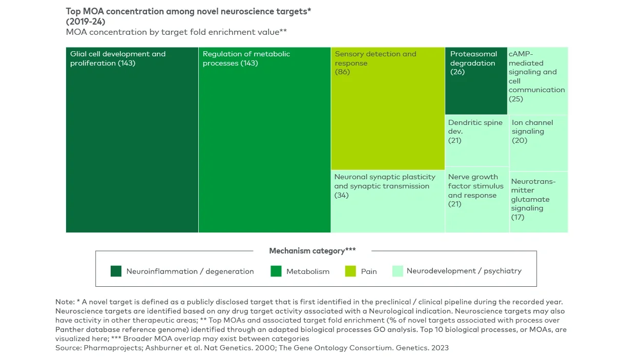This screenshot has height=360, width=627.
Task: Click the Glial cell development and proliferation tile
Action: pyautogui.click(x=132, y=140)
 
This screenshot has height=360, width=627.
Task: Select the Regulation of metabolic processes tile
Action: pyautogui.click(x=264, y=140)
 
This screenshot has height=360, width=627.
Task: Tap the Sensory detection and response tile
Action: pyautogui.click(x=388, y=109)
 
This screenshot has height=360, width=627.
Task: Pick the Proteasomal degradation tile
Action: pyautogui.click(x=476, y=81)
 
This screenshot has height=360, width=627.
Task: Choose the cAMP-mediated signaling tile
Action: pyautogui.click(x=538, y=81)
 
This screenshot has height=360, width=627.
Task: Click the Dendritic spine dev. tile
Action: pyautogui.click(x=476, y=141)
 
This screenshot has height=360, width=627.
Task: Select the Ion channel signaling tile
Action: pyautogui.click(x=538, y=143)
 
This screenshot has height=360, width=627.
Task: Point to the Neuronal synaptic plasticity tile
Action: pyautogui.click(x=388, y=201)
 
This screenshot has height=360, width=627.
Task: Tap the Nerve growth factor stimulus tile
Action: pyautogui.click(x=476, y=200)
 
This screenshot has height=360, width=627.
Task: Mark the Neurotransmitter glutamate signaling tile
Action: pyautogui.click(x=538, y=202)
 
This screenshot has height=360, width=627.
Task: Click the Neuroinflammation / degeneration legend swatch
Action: pyautogui.click(x=116, y=271)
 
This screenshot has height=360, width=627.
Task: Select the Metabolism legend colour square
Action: pyautogui.click(x=276, y=271)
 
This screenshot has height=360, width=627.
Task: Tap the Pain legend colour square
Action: pyautogui.click(x=350, y=271)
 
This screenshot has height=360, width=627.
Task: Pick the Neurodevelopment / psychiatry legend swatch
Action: pyautogui.click(x=398, y=271)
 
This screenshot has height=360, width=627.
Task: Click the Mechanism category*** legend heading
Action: pyautogui.click(x=312, y=251)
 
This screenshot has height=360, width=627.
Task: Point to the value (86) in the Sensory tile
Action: pyautogui.click(x=342, y=72)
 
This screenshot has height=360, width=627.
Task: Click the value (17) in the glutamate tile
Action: pyautogui.click(x=517, y=217)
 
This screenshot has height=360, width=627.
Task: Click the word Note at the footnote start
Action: pyautogui.click(x=64, y=302)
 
